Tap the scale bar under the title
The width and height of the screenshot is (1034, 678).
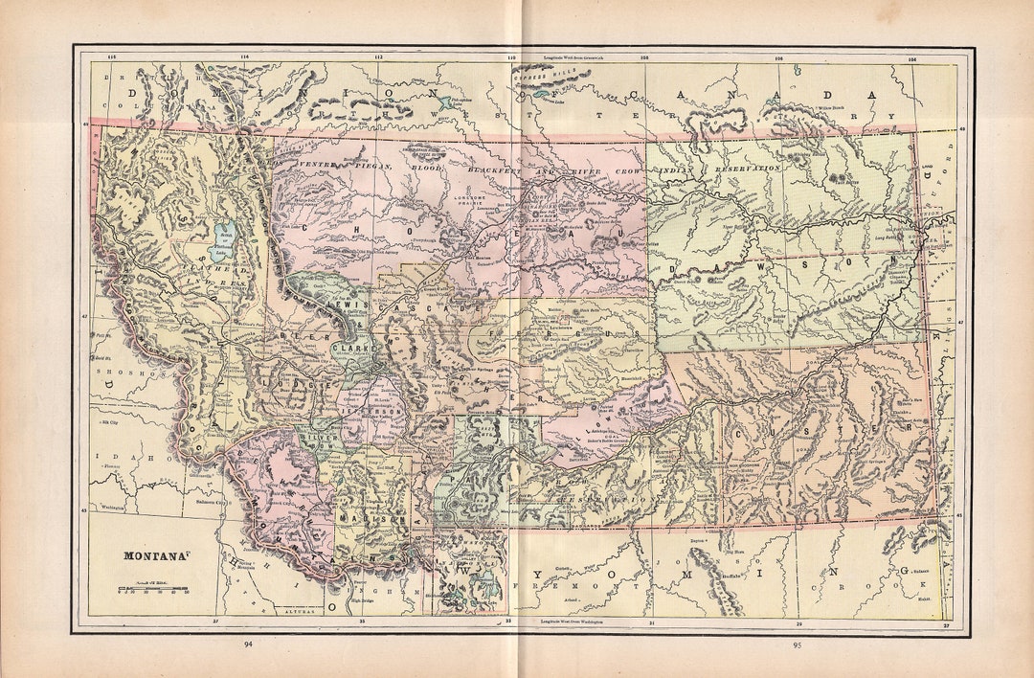153,586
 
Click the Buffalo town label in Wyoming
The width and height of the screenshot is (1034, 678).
731,578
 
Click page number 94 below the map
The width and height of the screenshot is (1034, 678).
249,644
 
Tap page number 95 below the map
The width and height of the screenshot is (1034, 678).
797,644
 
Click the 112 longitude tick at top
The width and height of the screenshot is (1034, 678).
378,56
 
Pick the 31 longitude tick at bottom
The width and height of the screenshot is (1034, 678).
652,622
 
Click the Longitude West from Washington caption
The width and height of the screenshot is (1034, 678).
574,622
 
